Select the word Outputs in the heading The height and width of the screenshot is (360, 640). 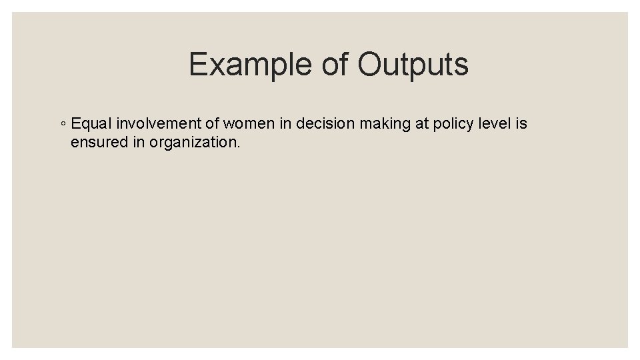tap(413, 65)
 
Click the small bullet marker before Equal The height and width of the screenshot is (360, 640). tap(62, 124)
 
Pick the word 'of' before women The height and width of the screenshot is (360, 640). tap(212, 123)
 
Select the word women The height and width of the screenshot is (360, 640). tap(249, 123)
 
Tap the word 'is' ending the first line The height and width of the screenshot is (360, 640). tap(521, 123)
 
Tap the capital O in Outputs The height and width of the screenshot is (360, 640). tap(370, 65)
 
